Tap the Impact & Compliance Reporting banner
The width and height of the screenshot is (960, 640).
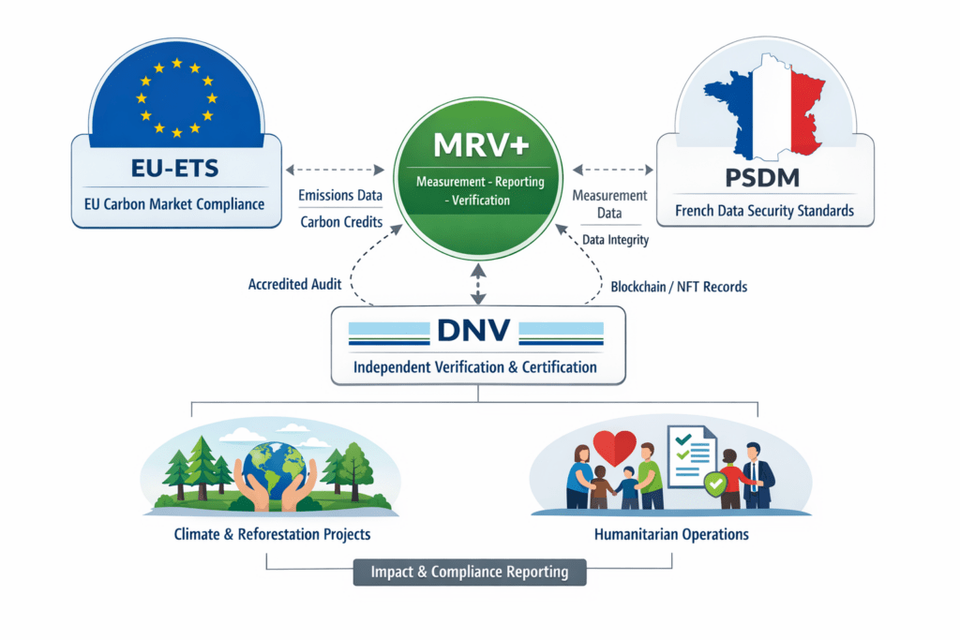(x=469, y=573)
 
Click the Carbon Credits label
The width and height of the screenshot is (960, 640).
(x=339, y=222)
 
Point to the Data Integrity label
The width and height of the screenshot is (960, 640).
(x=615, y=240)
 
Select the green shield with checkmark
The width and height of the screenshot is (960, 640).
(x=715, y=485)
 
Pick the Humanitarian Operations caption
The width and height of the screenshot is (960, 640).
(x=671, y=535)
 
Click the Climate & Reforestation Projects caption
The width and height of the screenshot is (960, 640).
(x=272, y=535)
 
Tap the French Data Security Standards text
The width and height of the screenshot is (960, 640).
(x=764, y=211)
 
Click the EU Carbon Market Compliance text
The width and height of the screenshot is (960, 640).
(x=175, y=204)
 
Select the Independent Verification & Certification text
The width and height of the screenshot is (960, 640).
(x=475, y=366)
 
